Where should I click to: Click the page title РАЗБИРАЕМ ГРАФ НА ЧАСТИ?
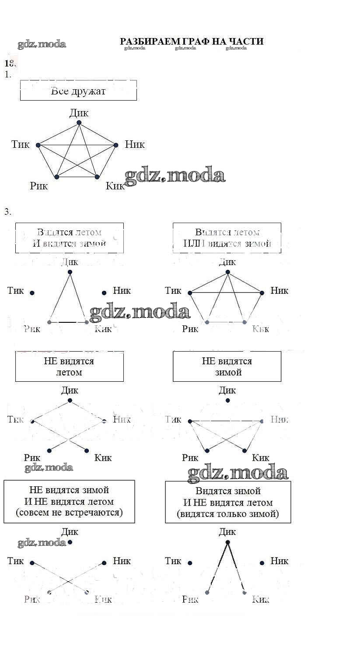pyautogui.click(x=192, y=41)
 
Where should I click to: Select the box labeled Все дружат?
pyautogui.click(x=78, y=91)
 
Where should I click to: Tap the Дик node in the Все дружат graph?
pyautogui.click(x=79, y=123)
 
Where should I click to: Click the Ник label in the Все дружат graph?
pyautogui.click(x=134, y=144)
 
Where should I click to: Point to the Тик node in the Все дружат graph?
pyautogui.click(x=38, y=145)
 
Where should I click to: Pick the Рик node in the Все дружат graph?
pyautogui.click(x=56, y=177)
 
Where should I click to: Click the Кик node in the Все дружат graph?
pyautogui.click(x=97, y=177)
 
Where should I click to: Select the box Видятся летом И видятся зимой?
pyautogui.click(x=70, y=238)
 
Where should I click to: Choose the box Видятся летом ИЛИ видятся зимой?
pyautogui.click(x=227, y=238)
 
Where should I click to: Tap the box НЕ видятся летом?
pyautogui.click(x=70, y=367)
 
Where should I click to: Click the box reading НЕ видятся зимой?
pyautogui.click(x=227, y=367)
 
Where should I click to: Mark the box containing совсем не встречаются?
pyautogui.click(x=69, y=501)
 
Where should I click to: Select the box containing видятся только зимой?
pyautogui.click(x=228, y=502)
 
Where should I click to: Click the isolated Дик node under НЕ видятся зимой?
pyautogui.click(x=227, y=401)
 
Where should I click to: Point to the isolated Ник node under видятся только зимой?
pyautogui.click(x=262, y=563)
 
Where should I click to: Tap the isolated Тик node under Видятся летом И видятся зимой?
pyautogui.click(x=32, y=293)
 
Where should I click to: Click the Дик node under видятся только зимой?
pyautogui.click(x=227, y=543)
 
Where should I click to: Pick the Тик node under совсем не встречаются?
pyautogui.click(x=32, y=563)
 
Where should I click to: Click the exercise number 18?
pyautogui.click(x=10, y=63)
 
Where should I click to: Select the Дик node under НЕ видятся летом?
pyautogui.click(x=70, y=401)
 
